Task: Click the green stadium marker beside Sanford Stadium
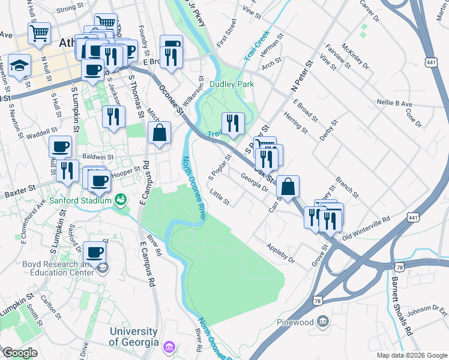(x=121, y=199)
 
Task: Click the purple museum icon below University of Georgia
(x=169, y=347)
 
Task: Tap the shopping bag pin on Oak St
(x=288, y=187)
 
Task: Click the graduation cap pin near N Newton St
(x=20, y=65)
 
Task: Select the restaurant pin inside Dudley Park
(x=232, y=124)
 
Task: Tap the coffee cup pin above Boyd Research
(x=95, y=253)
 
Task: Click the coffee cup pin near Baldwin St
(x=60, y=147)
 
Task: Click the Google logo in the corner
(x=20, y=353)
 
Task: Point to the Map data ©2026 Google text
(x=411, y=356)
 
